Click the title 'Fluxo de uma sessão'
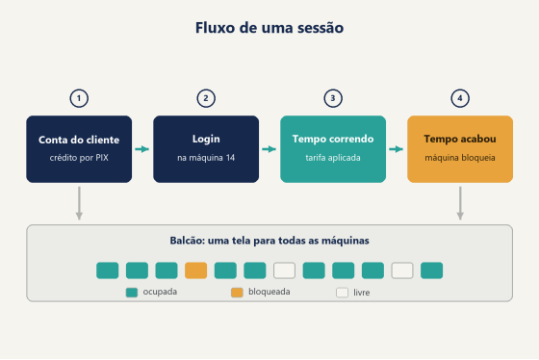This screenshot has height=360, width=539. [x=269, y=28]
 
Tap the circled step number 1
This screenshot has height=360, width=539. [x=79, y=98]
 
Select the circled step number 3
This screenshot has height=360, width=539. [x=333, y=98]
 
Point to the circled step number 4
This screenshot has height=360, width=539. [x=460, y=98]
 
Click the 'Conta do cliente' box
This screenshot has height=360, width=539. [x=79, y=149]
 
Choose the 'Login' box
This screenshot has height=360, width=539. [x=206, y=149]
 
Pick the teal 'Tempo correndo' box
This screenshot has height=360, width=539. [x=333, y=149]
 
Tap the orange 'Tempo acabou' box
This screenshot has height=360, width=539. [x=460, y=149]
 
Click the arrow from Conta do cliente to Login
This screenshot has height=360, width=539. [x=142, y=149]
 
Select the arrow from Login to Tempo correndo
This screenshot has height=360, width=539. [x=269, y=149]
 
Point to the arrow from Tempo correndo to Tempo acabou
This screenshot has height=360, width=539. [x=396, y=149]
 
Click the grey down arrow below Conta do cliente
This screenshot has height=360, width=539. [x=79, y=203]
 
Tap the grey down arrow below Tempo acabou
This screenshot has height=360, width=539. [x=460, y=203]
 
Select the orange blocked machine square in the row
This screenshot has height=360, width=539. [x=196, y=270]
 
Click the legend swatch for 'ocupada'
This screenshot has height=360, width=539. [x=132, y=293]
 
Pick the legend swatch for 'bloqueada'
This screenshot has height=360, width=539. [x=237, y=293]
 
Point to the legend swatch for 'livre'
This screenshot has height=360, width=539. [x=342, y=293]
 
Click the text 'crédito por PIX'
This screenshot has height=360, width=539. [x=79, y=158]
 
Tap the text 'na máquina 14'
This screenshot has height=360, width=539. [x=206, y=158]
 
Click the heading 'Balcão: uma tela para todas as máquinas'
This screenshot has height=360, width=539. [x=269, y=241]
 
